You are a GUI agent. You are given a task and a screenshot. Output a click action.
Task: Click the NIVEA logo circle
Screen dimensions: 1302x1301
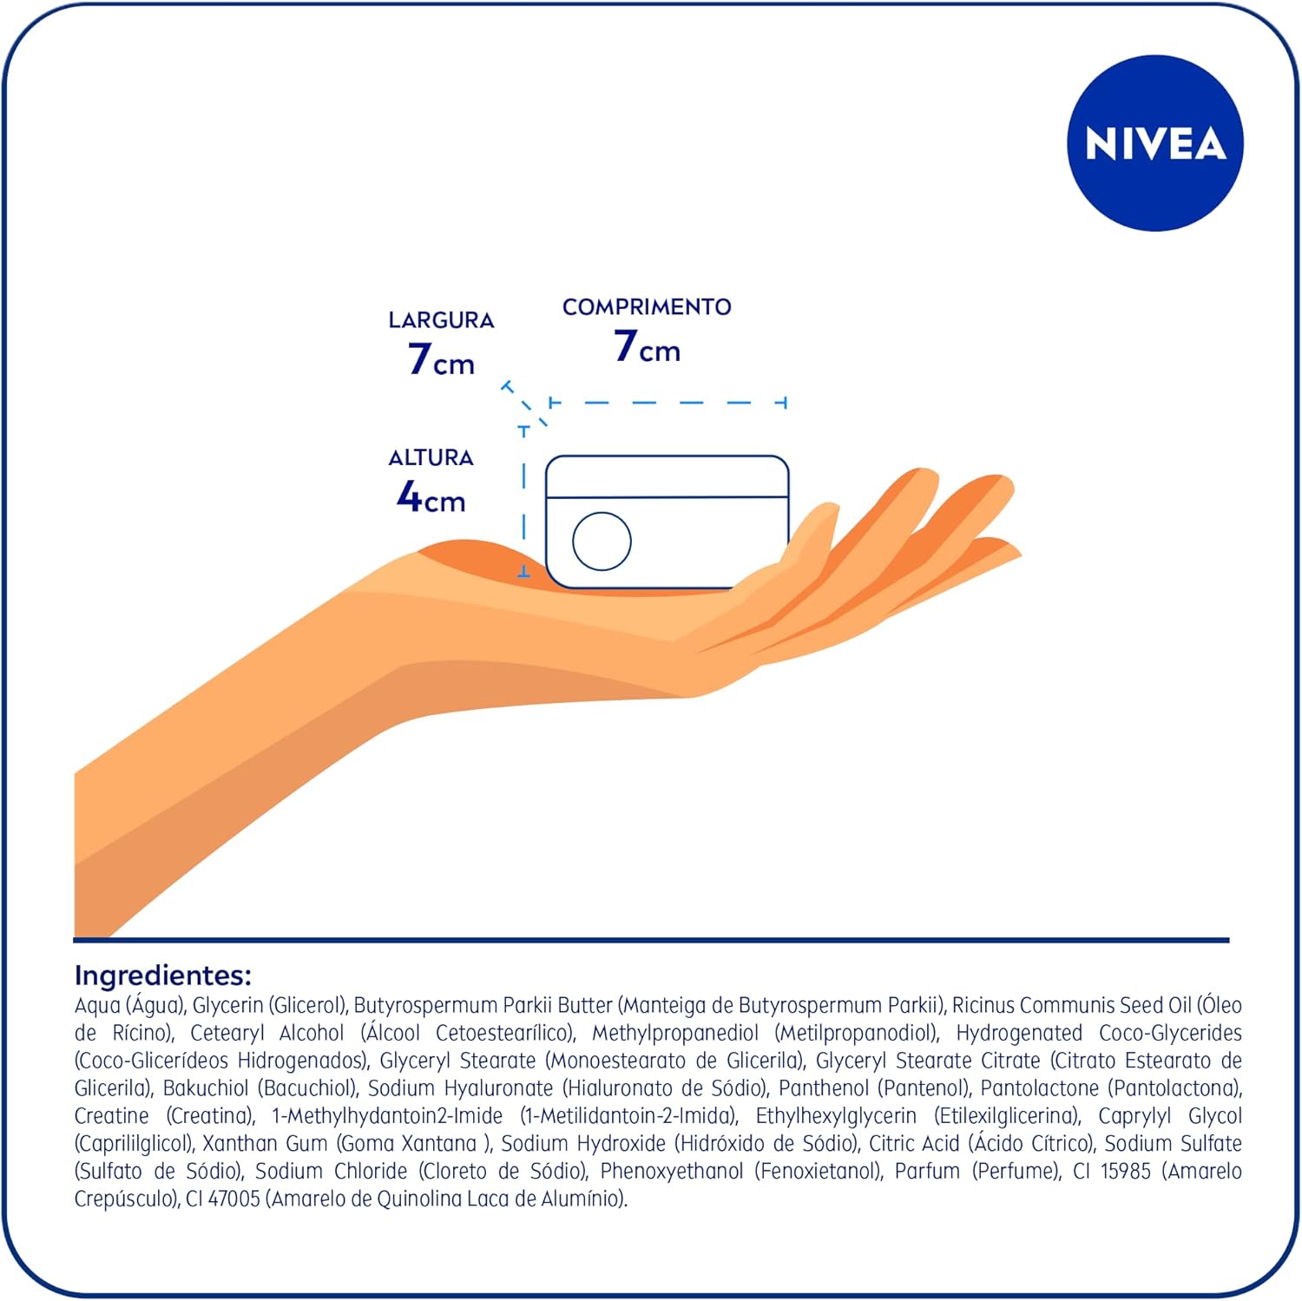[1155, 143]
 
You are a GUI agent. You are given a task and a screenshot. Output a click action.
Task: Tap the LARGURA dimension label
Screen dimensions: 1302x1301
[441, 320]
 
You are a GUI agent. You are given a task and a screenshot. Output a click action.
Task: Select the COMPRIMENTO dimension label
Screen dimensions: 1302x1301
[647, 306]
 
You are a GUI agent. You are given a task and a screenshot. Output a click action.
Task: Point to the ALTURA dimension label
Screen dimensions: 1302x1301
[431, 457]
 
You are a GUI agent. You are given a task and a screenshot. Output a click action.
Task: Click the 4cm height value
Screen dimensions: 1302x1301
[431, 496]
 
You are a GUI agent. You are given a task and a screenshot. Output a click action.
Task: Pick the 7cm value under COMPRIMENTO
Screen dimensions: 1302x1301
[647, 346]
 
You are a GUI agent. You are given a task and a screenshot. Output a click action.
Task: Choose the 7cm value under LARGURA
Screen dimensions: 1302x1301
[441, 358]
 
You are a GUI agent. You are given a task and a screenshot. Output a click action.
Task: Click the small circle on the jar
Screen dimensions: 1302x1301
[602, 541]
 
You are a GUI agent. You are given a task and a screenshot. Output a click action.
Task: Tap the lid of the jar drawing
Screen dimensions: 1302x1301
[667, 476]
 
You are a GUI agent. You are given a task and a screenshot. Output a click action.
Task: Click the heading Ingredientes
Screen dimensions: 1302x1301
[163, 976]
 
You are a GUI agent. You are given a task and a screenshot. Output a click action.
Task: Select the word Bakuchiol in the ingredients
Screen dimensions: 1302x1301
[206, 1087]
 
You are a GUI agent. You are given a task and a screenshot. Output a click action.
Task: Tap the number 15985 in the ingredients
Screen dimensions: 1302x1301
[1126, 1171]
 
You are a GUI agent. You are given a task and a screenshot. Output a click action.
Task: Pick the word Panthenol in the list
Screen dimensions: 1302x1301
[824, 1087]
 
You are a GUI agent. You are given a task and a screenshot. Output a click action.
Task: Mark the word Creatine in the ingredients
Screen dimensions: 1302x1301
[112, 1115]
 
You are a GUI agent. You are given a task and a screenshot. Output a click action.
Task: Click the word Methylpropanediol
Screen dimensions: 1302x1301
[675, 1033]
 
